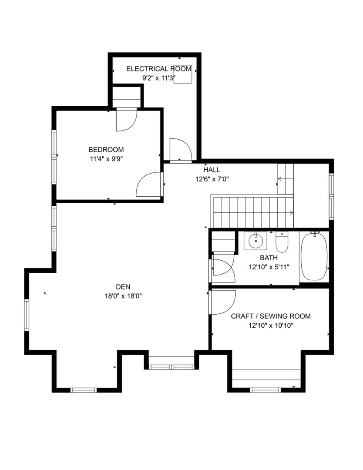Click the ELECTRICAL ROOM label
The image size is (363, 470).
pos(158,69)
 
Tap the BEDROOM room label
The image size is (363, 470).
pos(106,149)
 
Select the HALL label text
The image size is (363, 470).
pos(212,170)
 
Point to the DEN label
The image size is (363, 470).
pos(123,287)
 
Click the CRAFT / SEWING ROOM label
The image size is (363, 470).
pos(270,316)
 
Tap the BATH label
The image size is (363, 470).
pos(269,258)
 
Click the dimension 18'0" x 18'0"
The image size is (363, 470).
pos(123,295)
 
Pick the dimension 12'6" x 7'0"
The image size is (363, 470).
pos(212,178)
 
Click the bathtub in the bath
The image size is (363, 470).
pos(313,257)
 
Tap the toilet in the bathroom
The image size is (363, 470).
pos(282,242)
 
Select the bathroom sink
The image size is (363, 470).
pos(255,240)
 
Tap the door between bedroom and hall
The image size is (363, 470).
pos(149,185)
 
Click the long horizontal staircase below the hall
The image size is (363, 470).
pos(252,212)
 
